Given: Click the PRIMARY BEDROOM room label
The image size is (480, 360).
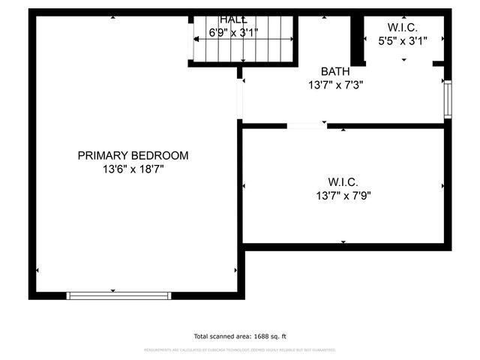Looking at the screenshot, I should (x=133, y=155).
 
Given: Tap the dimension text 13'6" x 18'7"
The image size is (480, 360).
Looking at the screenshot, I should (x=133, y=169).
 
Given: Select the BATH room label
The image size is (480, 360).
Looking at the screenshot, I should (x=335, y=71).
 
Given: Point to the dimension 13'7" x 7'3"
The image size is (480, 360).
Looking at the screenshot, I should (x=335, y=85).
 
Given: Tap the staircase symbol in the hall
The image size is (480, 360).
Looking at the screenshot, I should (x=241, y=47).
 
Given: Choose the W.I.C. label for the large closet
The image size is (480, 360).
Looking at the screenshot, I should (x=343, y=181).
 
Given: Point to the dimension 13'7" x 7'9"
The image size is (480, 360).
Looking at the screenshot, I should (x=343, y=195).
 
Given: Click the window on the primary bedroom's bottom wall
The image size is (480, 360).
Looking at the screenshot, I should (x=119, y=295).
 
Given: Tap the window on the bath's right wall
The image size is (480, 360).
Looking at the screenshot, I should (x=448, y=100).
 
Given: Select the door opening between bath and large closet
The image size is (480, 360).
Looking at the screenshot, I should (x=307, y=125).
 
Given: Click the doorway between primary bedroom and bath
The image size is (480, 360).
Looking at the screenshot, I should (x=240, y=98).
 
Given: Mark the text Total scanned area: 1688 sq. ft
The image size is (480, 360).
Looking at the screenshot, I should (x=240, y=337).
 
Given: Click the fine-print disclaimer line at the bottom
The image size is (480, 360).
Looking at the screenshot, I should (x=240, y=350).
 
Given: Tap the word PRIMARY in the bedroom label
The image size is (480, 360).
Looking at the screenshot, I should (x=103, y=155).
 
